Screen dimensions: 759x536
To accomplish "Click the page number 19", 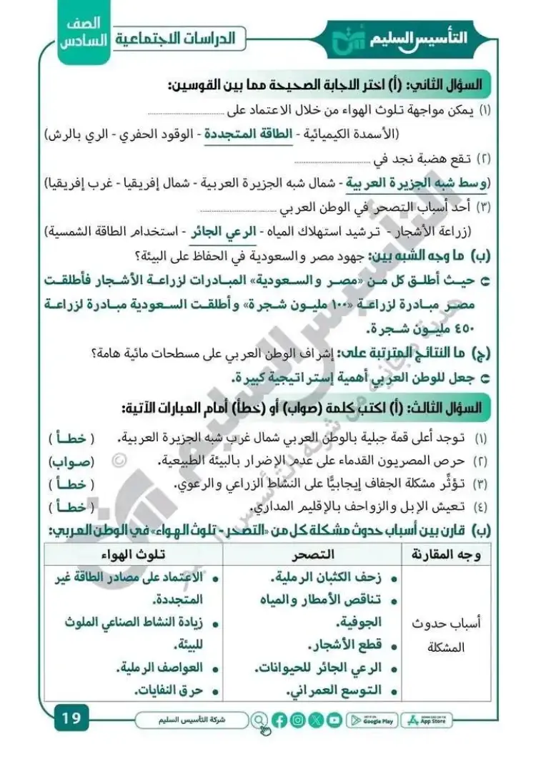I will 71,716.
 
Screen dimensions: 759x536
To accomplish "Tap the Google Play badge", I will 374,720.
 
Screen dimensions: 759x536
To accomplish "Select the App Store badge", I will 427,720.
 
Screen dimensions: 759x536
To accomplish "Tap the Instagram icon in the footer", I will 299,720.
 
